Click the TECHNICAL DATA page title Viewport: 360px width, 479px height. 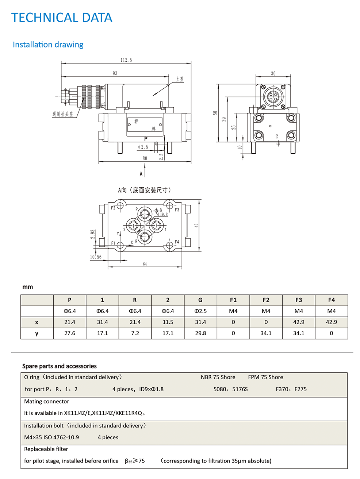click(62, 18)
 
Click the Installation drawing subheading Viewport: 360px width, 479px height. click(48, 45)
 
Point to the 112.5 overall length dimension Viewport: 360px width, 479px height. click(126, 60)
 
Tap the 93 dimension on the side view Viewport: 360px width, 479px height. click(115, 73)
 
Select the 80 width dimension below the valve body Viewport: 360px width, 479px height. click(145, 158)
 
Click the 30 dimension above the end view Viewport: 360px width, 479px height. click(273, 73)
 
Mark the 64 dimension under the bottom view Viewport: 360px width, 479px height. click(145, 264)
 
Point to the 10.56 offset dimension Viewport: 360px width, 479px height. click(96, 257)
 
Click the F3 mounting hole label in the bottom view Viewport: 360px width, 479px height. click(177, 210)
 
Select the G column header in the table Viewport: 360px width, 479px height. click(200, 300)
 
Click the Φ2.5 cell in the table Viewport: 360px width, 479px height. click(200, 311)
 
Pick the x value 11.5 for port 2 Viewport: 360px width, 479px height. click(168, 322)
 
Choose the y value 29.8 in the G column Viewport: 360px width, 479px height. click(200, 333)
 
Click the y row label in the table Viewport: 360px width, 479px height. click(37, 333)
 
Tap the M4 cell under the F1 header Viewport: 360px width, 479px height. click(233, 311)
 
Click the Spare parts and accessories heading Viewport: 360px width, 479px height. click(60, 366)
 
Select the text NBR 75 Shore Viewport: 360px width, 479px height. click(218, 377)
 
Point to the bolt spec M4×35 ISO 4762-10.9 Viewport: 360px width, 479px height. click(51, 437)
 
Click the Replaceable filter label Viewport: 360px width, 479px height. click(46, 449)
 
